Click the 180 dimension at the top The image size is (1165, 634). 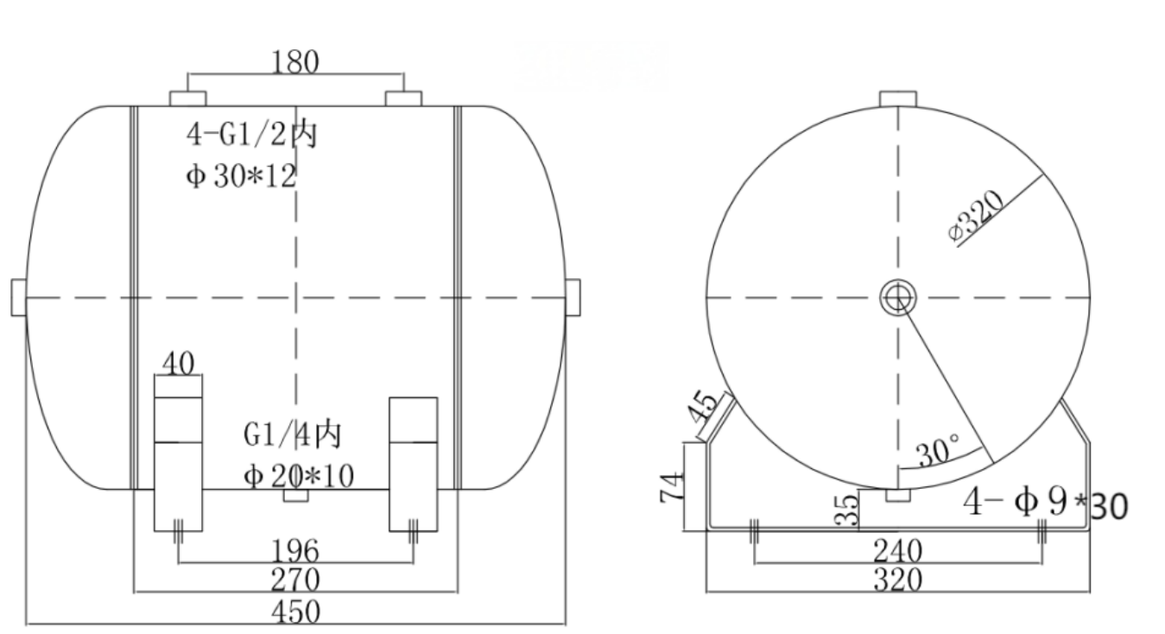[x=295, y=62]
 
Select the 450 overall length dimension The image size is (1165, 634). [x=295, y=612]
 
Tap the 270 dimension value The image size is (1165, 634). [x=295, y=580]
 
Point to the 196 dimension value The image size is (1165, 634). [x=295, y=550]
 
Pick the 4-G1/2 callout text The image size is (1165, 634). [x=251, y=136]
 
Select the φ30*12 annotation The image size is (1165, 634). [x=241, y=176]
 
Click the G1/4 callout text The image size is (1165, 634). [x=292, y=434]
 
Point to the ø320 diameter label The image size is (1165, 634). [x=977, y=218]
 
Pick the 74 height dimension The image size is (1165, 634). [x=670, y=487]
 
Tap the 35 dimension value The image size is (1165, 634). [x=849, y=509]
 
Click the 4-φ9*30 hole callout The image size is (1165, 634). [x=1045, y=503]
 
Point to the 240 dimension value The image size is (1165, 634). [x=897, y=550]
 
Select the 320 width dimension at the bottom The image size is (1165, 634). [x=897, y=580]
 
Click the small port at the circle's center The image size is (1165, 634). [x=897, y=298]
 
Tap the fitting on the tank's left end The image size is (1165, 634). [x=19, y=297]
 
